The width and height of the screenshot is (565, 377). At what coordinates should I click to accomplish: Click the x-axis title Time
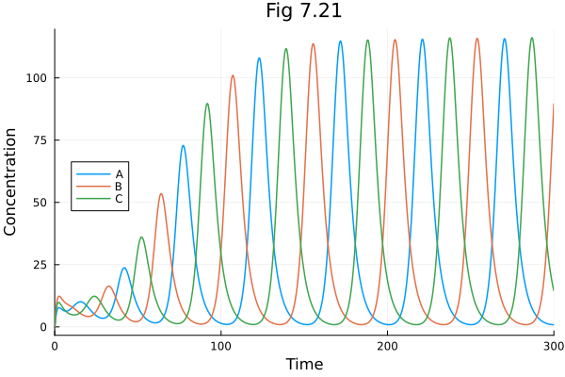[x=304, y=364]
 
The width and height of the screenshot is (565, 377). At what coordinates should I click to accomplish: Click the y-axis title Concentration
[x=11, y=182]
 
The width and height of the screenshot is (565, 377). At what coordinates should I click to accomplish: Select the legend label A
[x=120, y=174]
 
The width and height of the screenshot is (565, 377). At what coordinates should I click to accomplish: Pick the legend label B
[x=120, y=187]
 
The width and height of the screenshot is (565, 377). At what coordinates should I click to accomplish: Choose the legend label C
[x=120, y=199]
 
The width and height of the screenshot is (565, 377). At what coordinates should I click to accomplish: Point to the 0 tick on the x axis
[x=55, y=346]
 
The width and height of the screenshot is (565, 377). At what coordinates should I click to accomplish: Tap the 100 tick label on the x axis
[x=221, y=346]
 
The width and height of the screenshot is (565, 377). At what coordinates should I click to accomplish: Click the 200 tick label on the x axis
[x=387, y=346]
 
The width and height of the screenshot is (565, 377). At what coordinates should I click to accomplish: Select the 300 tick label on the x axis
[x=553, y=346]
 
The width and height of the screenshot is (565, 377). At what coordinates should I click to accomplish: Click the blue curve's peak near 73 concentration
[x=183, y=145]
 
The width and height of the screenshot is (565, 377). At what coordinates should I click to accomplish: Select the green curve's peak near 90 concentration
[x=207, y=104]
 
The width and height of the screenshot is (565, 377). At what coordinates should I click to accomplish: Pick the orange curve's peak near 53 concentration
[x=161, y=194]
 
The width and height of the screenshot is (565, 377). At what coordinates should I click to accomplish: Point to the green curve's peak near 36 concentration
[x=141, y=238]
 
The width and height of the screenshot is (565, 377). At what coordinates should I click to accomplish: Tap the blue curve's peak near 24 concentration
[x=124, y=268]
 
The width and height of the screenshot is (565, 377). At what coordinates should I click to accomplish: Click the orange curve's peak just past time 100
[x=233, y=75]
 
